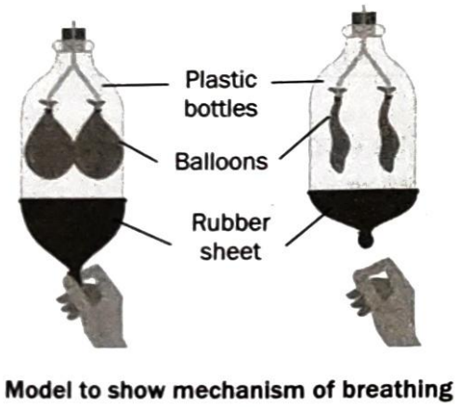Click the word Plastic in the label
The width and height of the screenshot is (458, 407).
point(221,80)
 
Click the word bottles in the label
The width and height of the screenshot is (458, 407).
point(221,108)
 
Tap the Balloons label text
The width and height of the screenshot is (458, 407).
point(221,161)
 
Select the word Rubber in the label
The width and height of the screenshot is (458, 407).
point(231,223)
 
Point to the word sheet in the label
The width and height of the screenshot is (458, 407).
point(230,251)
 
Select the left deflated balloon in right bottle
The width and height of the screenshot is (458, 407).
point(338,133)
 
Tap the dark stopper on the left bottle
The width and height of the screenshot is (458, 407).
point(73,35)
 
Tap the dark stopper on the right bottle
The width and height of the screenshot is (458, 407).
point(365,19)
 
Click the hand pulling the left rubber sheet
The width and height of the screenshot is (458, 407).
point(92,306)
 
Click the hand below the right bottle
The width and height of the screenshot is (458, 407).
point(384,303)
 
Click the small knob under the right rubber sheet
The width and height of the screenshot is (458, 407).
point(366,240)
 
